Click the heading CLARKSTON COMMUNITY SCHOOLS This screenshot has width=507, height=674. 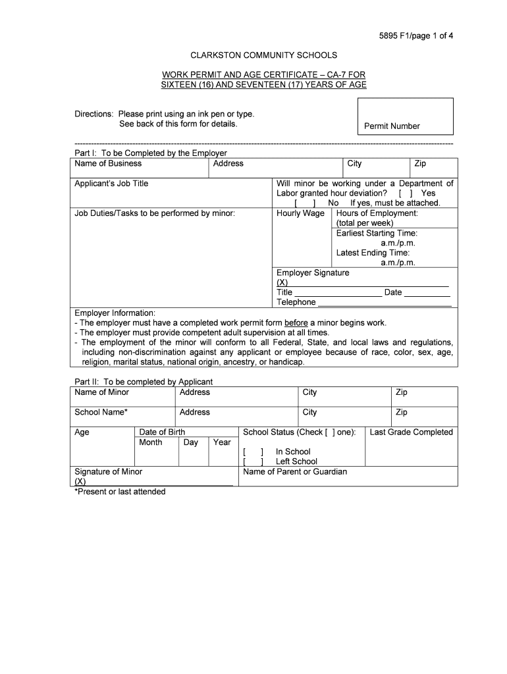263,55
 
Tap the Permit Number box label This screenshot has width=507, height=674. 392,126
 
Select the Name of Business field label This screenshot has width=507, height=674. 108,164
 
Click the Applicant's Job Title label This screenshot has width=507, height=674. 111,184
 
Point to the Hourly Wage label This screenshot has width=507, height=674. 300,213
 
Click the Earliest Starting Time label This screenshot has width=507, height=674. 377,233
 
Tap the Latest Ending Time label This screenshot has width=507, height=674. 373,253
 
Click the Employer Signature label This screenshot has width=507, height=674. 313,272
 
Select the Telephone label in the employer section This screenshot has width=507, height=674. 296,302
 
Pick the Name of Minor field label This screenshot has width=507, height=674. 102,392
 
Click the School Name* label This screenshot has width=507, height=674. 101,412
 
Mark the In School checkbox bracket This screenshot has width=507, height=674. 254,452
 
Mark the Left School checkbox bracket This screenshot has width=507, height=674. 254,462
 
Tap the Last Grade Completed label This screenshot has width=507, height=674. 412,432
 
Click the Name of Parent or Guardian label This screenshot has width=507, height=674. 295,472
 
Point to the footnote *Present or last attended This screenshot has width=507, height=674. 120,492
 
